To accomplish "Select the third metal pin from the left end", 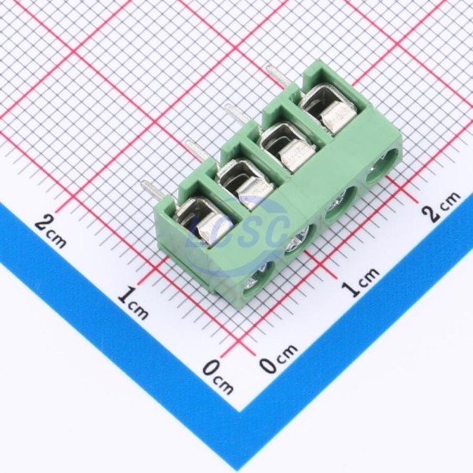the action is click(237, 115).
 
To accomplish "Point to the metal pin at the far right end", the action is click(277, 77).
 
